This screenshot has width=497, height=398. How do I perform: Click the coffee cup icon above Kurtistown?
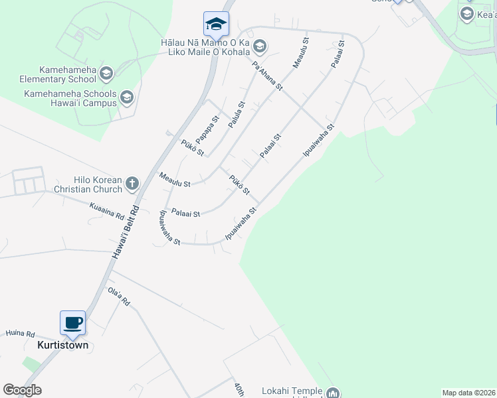pos(73,323)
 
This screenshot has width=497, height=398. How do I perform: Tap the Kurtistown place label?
pos(64,346)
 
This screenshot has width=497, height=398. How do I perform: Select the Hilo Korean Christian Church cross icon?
pos(132,183)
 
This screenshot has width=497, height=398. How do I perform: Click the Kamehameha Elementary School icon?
pos(106,72)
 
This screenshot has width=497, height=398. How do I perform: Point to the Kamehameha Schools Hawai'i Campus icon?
pos(126,99)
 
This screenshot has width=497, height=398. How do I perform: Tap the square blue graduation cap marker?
pos(216,25)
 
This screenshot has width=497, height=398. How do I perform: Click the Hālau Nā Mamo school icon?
pos(259,46)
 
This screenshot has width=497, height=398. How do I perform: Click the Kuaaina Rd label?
pos(107,212)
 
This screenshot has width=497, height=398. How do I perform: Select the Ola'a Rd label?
pos(119,297)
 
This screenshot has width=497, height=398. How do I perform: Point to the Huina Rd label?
pos(20,334)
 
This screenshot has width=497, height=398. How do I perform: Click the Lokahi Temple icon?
pos(333,393)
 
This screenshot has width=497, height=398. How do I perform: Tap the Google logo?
pos(22,390)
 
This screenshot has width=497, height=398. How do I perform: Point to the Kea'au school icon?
pos(466,14)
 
